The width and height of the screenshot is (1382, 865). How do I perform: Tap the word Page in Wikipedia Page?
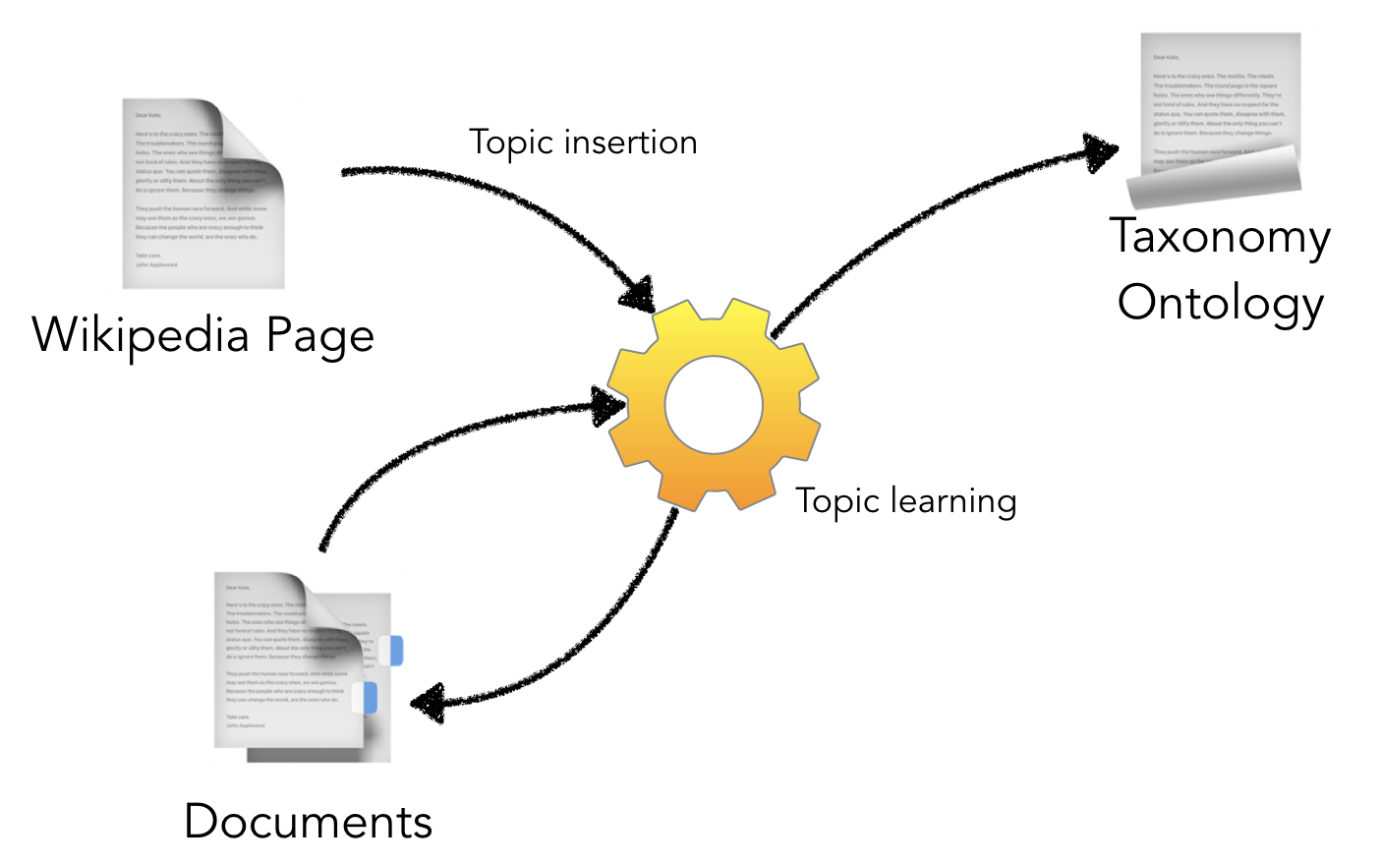(320, 337)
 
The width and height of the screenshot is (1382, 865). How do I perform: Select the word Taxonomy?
(1220, 239)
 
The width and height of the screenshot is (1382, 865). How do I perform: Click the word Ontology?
(1220, 304)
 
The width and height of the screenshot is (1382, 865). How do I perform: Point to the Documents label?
(308, 822)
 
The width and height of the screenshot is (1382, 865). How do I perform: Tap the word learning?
(953, 502)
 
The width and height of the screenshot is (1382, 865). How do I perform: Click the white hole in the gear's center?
(714, 405)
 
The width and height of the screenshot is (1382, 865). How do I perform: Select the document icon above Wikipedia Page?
(202, 194)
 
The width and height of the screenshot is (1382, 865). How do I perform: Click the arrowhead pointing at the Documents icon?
(429, 703)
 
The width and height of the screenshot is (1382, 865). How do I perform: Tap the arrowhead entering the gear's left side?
(607, 405)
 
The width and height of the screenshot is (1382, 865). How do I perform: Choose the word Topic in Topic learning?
(837, 502)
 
